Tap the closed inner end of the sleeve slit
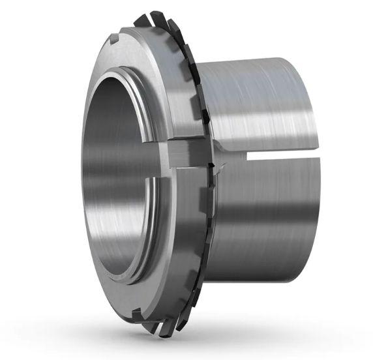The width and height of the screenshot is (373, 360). click(250, 156)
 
